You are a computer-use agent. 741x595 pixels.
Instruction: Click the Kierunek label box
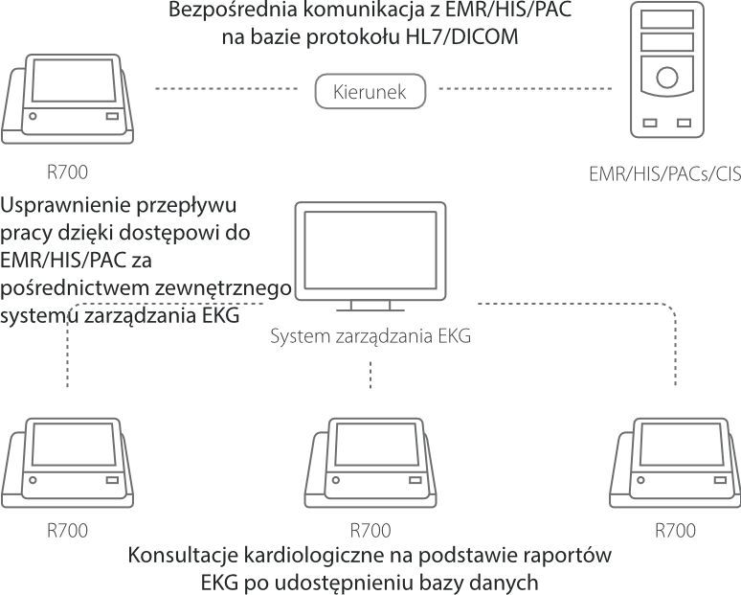pos(370,92)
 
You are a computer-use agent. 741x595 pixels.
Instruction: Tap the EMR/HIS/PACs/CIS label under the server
pos(666,175)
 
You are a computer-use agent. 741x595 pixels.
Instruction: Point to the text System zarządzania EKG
pos(370,335)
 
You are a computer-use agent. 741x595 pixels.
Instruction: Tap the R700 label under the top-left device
pos(67,172)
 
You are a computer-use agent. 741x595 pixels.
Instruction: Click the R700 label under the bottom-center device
pos(370,530)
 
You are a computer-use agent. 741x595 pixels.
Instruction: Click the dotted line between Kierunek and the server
pos(526,91)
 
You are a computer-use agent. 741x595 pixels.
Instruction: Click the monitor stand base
pos(370,308)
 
